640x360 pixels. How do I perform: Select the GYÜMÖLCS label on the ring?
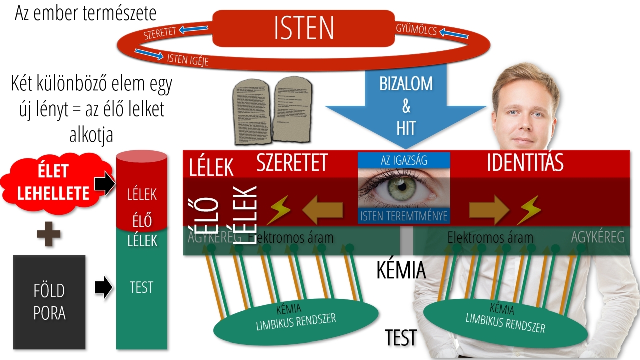point(416,30)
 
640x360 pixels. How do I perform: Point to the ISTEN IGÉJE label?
point(187,59)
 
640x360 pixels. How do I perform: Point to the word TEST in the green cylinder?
point(141,287)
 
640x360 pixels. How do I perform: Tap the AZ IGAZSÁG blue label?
point(404,160)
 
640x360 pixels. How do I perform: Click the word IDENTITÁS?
point(525,163)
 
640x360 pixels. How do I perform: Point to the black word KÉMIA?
point(401,270)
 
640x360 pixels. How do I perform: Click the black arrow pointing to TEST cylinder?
point(103,288)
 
